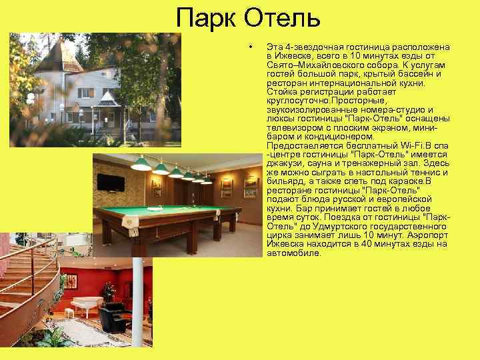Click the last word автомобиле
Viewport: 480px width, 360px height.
point(294,253)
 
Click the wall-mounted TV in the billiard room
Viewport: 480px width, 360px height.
point(111,182)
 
